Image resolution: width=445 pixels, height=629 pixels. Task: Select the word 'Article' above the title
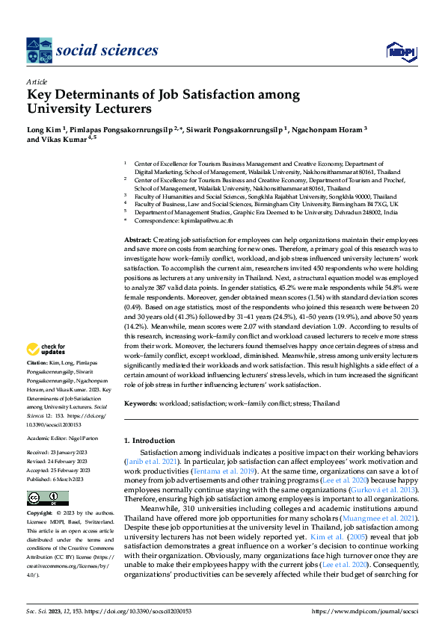coord(37,81)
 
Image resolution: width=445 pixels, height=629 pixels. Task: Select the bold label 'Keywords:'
coord(142,403)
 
